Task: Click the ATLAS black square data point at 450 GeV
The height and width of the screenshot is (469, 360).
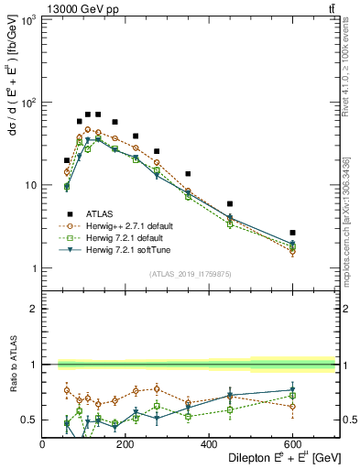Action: tap(230, 203)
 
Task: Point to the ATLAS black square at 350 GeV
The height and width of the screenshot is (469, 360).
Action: tap(188, 173)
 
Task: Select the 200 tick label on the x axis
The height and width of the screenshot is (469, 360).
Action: tap(125, 444)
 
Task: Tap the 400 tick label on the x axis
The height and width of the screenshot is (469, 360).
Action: tap(209, 444)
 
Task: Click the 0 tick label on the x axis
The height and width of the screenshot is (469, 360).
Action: tap(43, 444)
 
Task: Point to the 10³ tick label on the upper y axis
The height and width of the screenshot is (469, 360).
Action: tap(27, 19)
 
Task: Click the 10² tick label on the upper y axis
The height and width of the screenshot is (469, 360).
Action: tap(27, 103)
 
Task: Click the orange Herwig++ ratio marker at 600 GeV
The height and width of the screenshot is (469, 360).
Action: tap(292, 406)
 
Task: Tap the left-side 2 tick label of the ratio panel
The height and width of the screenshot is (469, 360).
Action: tap(35, 309)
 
